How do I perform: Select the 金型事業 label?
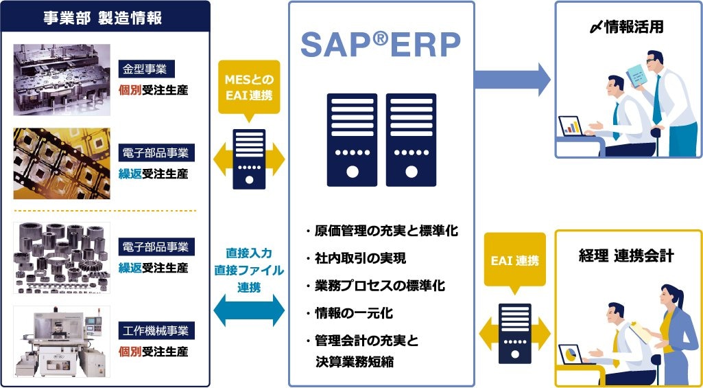(146, 69)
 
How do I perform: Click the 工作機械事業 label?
(156, 331)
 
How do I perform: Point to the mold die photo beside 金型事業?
(62, 80)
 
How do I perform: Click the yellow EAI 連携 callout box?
(515, 261)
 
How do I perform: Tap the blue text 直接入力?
(249, 253)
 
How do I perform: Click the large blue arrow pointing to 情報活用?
(512, 78)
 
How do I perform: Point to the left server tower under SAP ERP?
(352, 140)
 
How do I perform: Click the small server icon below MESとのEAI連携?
(249, 159)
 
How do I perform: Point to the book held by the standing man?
(637, 74)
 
